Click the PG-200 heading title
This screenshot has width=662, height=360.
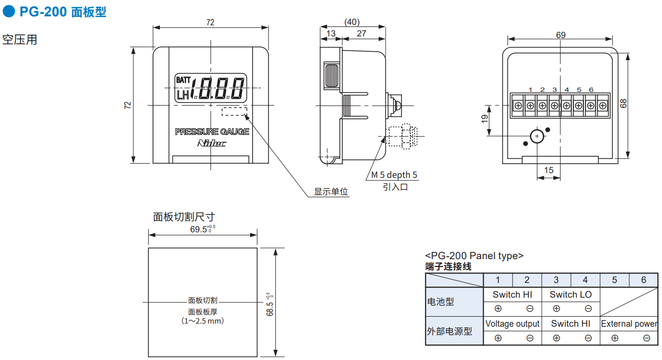[x=62, y=12]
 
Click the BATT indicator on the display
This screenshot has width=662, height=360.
[x=184, y=80]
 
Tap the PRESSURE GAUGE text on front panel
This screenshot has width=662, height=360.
[x=212, y=131]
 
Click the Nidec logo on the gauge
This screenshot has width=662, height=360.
[x=212, y=143]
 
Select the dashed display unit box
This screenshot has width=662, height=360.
[x=234, y=111]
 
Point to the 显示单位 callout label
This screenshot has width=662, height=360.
[x=331, y=192]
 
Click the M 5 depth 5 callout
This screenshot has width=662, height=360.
[x=394, y=175]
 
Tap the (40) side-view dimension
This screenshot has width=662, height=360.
[x=352, y=22]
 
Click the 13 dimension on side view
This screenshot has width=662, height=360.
[x=331, y=34]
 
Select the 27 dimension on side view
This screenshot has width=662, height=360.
[x=362, y=34]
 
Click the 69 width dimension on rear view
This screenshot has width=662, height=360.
[x=560, y=35]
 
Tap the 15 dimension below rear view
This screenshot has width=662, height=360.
[x=549, y=170]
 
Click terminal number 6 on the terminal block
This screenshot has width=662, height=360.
[x=591, y=90]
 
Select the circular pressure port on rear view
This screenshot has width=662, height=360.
[x=537, y=136]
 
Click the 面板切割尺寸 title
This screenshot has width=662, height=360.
[x=184, y=216]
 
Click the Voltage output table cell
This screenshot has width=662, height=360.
[x=512, y=324]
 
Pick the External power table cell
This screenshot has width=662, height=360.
[x=629, y=324]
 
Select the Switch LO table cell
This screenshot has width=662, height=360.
[x=571, y=295]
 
